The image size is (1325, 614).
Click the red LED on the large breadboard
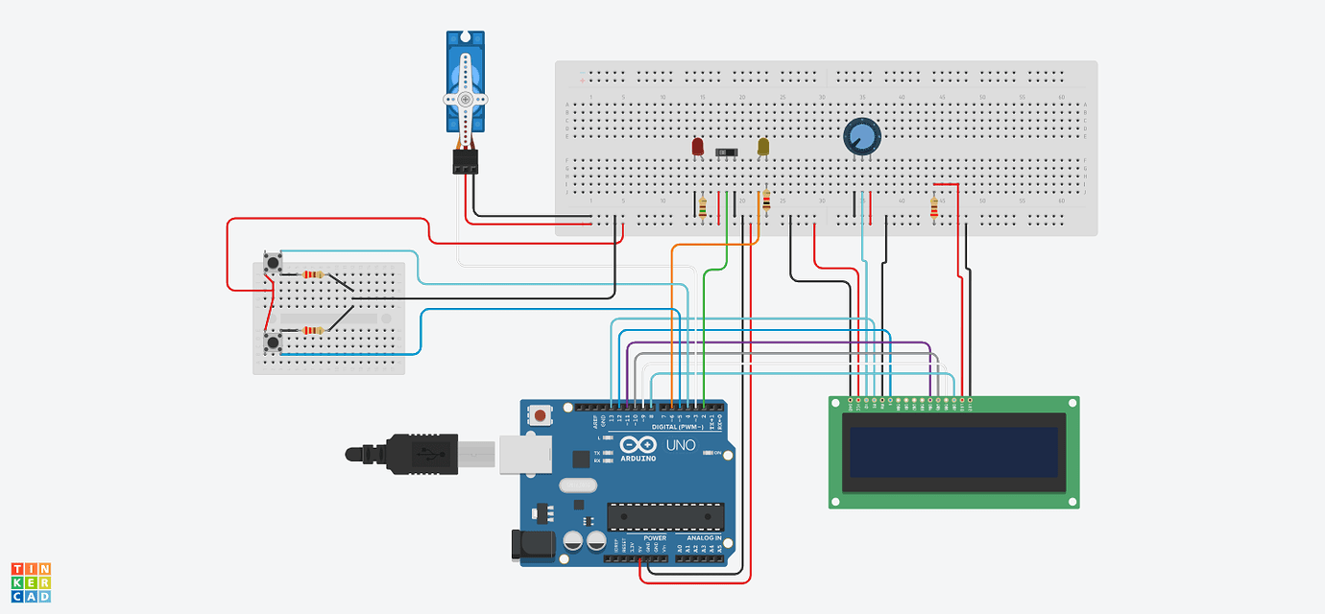(x=698, y=147)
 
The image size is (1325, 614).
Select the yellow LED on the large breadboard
(x=763, y=147)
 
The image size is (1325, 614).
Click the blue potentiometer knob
(x=861, y=136)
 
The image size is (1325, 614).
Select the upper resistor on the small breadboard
(x=313, y=275)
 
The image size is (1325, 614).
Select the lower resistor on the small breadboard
(x=313, y=331)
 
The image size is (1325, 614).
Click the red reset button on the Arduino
(x=542, y=416)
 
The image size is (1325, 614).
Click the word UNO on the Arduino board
(x=681, y=446)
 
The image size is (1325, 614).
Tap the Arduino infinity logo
(x=637, y=445)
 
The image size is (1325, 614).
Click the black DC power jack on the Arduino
(x=533, y=544)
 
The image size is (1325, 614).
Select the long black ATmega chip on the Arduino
(x=664, y=516)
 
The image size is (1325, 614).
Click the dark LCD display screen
(x=953, y=452)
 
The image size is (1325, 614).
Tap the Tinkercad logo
(x=31, y=582)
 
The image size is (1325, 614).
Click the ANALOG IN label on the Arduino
(x=704, y=538)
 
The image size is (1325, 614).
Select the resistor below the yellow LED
(x=766, y=201)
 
